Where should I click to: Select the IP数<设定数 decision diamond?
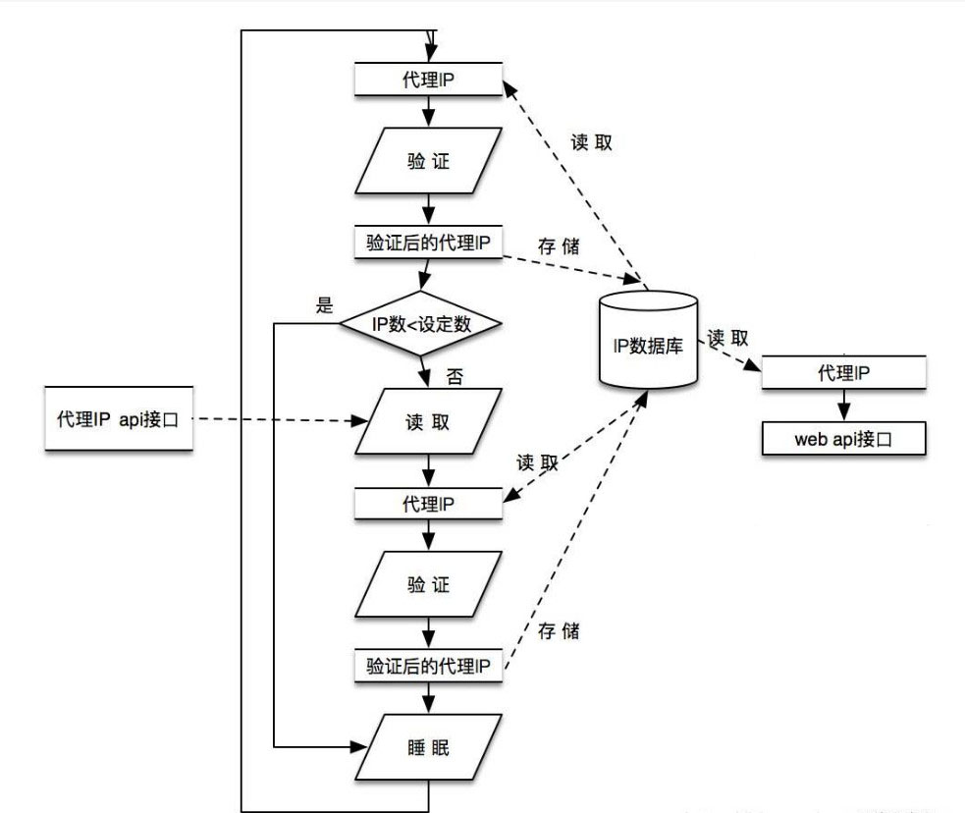(x=421, y=324)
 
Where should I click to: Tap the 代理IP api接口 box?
(x=117, y=418)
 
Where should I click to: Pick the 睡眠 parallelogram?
(x=427, y=747)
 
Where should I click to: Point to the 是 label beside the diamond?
(x=325, y=304)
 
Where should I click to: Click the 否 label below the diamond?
(x=455, y=376)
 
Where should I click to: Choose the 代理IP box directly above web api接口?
(x=844, y=372)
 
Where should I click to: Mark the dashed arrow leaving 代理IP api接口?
(x=270, y=420)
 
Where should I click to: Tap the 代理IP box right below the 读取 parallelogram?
(x=427, y=503)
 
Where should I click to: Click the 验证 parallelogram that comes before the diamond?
(x=427, y=162)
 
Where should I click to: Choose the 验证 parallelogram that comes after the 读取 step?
(x=427, y=584)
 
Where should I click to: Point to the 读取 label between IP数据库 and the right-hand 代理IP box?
(x=728, y=337)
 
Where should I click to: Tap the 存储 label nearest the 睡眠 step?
(x=559, y=631)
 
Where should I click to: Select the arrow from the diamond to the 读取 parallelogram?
(x=424, y=371)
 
